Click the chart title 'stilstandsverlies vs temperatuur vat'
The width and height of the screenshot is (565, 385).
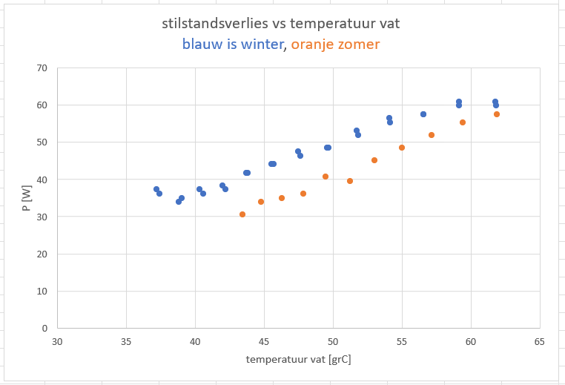point(281,24)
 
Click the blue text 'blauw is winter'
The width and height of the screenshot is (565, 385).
point(233,45)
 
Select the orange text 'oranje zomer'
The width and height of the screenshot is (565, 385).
point(335,45)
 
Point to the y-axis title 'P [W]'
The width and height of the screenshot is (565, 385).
point(27,198)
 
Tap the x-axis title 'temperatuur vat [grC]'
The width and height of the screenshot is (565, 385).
point(299,360)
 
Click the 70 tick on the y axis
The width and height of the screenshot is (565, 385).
point(42,68)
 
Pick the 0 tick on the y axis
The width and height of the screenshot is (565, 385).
point(44,328)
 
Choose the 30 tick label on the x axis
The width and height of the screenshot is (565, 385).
point(57,341)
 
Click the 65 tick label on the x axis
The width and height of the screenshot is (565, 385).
point(539,341)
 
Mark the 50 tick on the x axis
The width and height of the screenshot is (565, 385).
point(333,341)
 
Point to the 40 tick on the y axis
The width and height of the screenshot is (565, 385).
point(42,180)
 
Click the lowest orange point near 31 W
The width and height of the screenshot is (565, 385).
point(242,214)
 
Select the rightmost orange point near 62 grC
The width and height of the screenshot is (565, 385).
point(497,114)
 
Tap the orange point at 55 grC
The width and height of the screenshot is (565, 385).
point(402,148)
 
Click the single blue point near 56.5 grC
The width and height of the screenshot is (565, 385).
point(423,114)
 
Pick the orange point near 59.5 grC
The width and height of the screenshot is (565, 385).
point(463,122)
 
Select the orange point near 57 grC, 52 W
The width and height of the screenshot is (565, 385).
point(432,135)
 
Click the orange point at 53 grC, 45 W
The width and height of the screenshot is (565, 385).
point(374,160)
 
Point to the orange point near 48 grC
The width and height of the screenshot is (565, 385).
point(303,194)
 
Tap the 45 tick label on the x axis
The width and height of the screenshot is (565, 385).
point(264,341)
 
